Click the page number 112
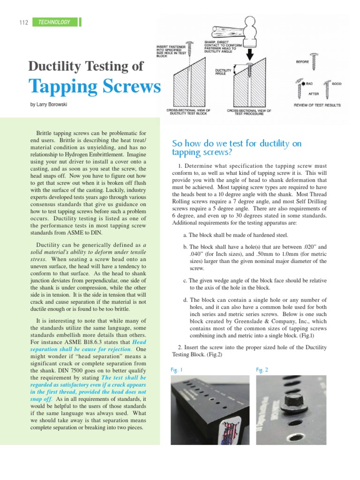[x=24, y=22]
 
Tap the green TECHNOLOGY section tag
[x=54, y=22]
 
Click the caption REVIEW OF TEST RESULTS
[x=317, y=105]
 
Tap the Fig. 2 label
[x=262, y=370]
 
